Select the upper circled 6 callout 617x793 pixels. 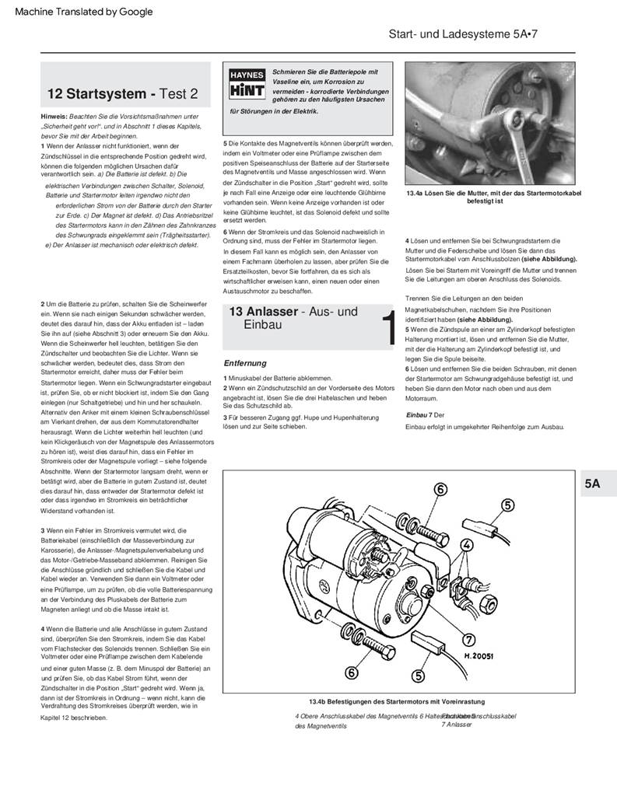pos(441,489)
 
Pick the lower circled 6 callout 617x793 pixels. pos(352,672)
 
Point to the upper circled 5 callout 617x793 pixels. pos(507,505)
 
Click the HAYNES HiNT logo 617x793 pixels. pos(247,83)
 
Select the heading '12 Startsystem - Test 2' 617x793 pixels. pos(123,94)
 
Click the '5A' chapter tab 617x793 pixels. pos(592,484)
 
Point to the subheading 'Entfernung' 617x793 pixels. pos(245,363)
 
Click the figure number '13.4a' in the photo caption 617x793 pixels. pos(419,193)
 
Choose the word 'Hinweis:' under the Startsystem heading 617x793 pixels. pos(54,116)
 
